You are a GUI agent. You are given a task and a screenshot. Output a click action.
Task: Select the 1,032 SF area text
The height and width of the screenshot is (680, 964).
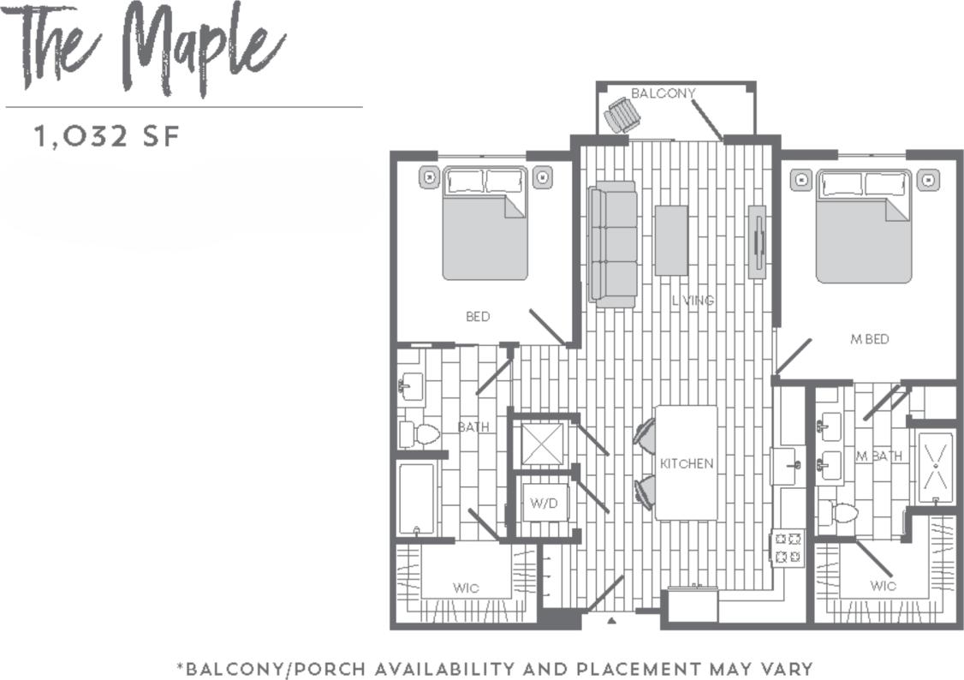pyautogui.click(x=107, y=136)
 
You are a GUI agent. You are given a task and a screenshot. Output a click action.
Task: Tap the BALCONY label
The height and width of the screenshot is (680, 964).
pyautogui.click(x=663, y=92)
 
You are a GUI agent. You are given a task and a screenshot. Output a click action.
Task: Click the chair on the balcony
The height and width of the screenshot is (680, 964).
pyautogui.click(x=620, y=116)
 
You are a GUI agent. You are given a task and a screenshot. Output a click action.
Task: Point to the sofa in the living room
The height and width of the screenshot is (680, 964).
pyautogui.click(x=613, y=243)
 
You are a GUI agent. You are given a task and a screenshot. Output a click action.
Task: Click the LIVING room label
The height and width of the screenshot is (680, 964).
pyautogui.click(x=693, y=301)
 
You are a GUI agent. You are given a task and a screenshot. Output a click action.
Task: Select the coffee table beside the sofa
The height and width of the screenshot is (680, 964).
pyautogui.click(x=671, y=240)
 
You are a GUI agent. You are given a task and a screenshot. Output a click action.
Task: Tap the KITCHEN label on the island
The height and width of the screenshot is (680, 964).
pyautogui.click(x=687, y=463)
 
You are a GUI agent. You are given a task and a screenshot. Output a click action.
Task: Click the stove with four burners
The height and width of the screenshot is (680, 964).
pyautogui.click(x=788, y=547)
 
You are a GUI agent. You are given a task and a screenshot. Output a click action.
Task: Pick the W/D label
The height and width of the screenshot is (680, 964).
pyautogui.click(x=543, y=503)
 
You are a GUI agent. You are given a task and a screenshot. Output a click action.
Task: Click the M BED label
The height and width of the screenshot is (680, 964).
pyautogui.click(x=869, y=339)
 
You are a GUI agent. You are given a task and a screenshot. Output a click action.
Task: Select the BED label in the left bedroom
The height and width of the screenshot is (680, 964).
pyautogui.click(x=478, y=317)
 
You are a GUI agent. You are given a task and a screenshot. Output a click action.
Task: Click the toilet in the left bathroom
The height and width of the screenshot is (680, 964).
pyautogui.click(x=419, y=434)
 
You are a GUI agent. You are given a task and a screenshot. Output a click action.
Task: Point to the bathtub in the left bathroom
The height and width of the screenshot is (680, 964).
pyautogui.click(x=417, y=498)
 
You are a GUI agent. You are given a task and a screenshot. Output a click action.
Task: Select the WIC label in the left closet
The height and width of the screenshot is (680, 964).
pyautogui.click(x=466, y=588)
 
